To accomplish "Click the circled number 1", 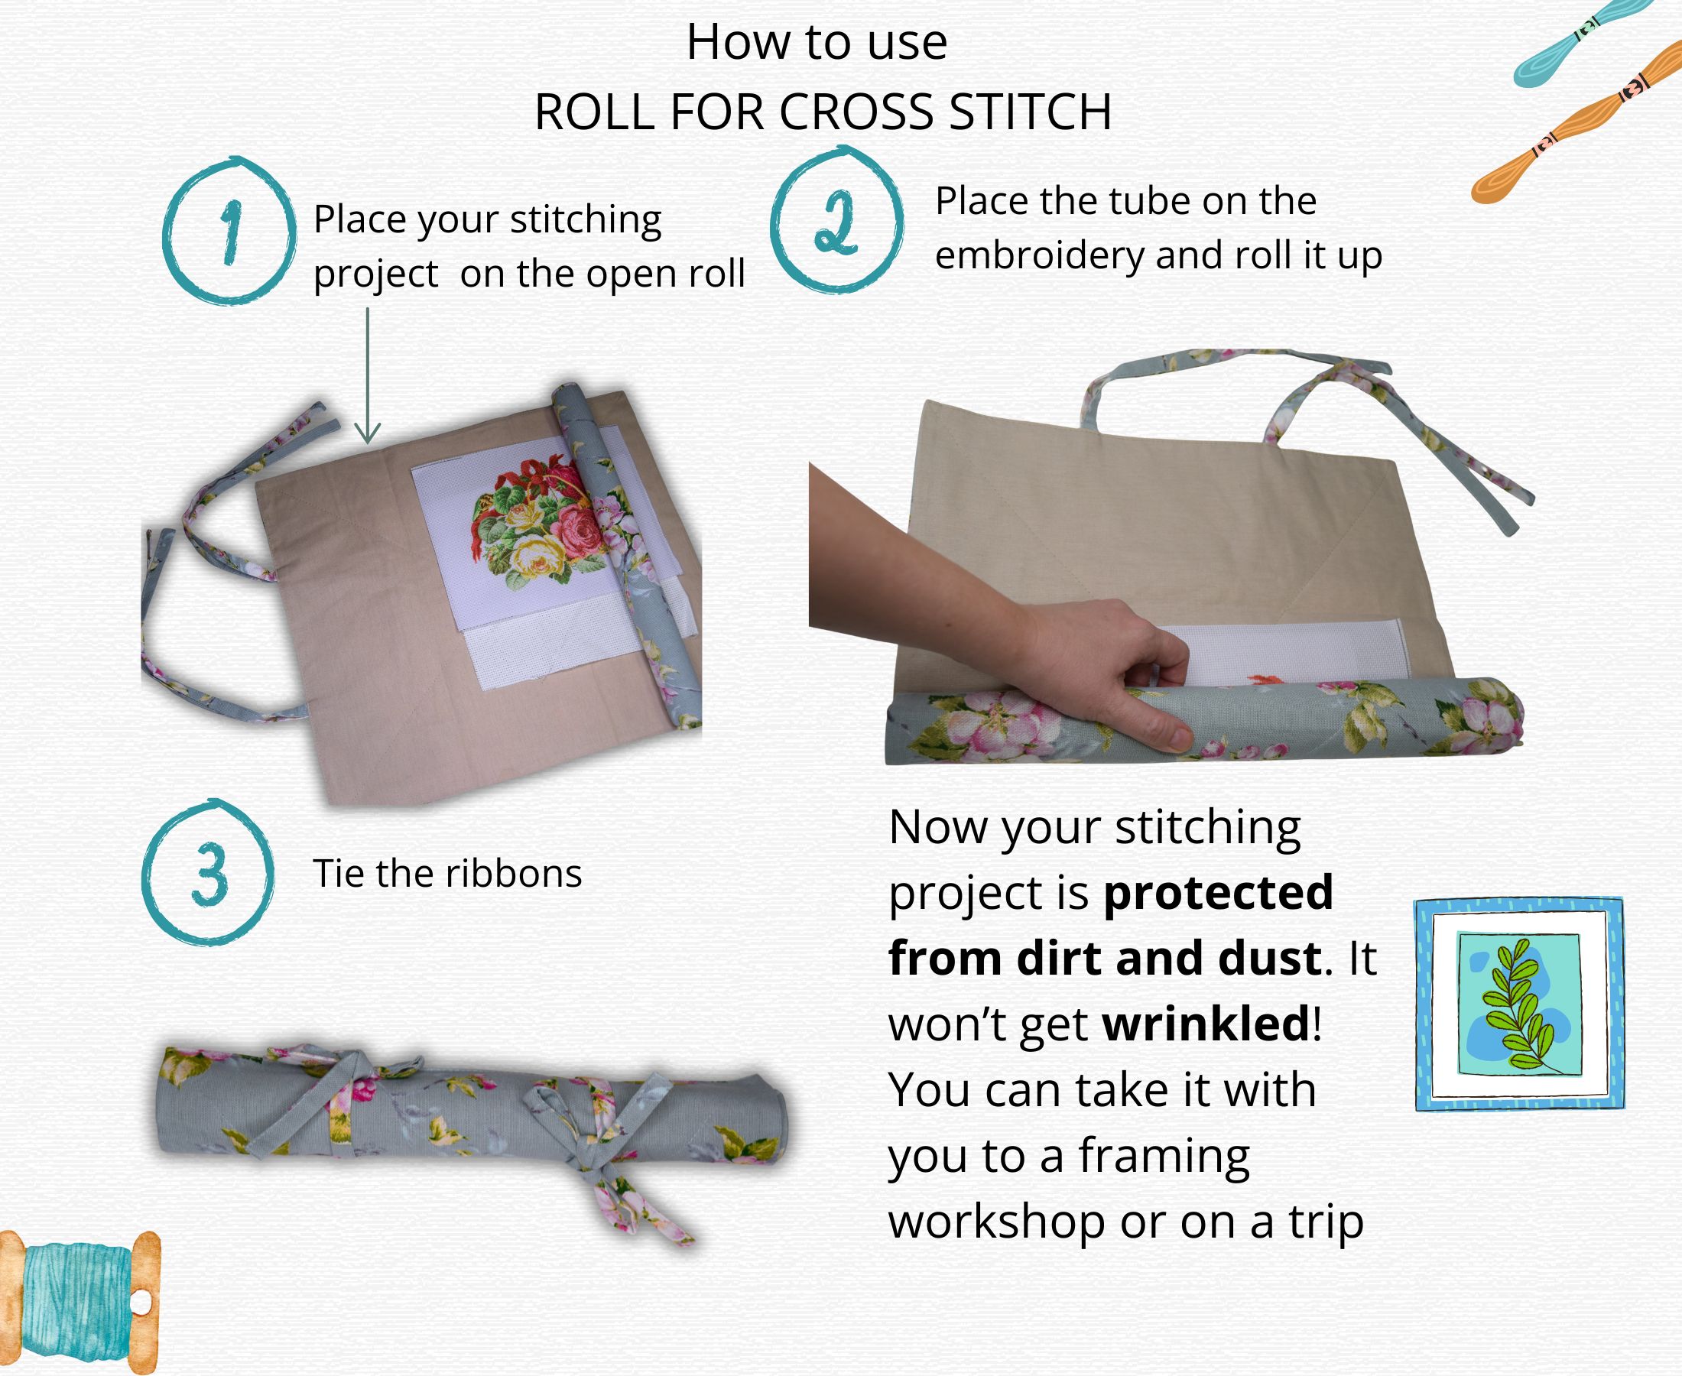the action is (x=230, y=232).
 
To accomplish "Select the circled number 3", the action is (x=209, y=873).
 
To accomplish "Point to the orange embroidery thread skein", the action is (x=1576, y=122).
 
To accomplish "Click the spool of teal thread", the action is (x=80, y=1303).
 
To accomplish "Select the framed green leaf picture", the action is (x=1519, y=1004).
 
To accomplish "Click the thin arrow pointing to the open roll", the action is (x=367, y=375).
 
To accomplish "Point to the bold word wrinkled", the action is (x=1206, y=1024).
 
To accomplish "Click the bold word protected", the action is (x=1218, y=893).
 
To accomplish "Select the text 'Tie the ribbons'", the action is (x=448, y=874).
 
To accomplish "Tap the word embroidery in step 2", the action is (x=1039, y=255).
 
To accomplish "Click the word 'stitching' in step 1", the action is (x=586, y=220).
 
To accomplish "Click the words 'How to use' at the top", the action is (x=817, y=42).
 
